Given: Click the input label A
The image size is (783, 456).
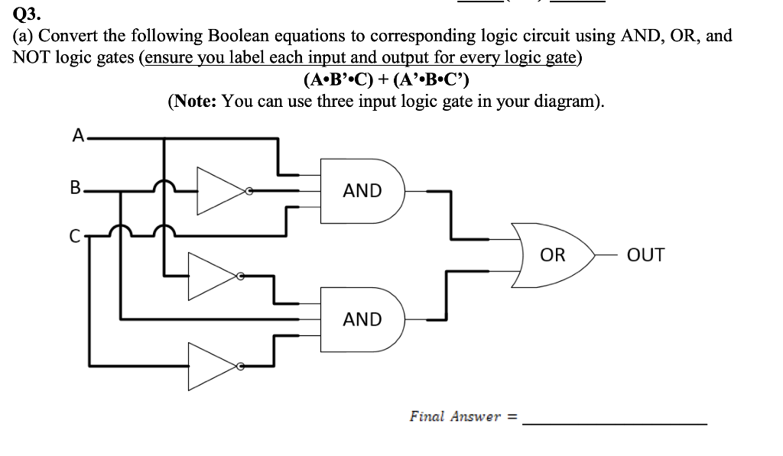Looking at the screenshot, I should coord(78,136).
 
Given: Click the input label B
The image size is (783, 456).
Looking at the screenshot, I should coord(75,187).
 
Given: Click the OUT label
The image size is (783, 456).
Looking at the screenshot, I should coord(645,255).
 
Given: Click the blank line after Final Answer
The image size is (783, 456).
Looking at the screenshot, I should coord(616,422).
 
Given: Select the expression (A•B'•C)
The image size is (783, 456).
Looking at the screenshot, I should coord(337,79).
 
